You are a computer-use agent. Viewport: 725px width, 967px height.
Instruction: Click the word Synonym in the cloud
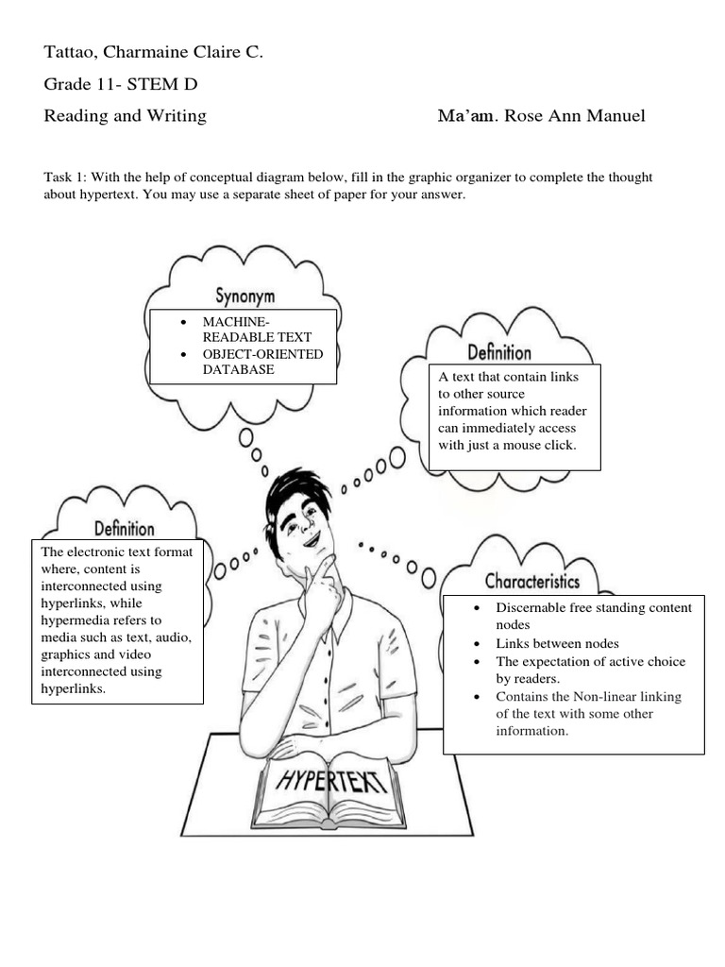click(244, 296)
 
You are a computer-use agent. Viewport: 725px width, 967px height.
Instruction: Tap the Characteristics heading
click(532, 581)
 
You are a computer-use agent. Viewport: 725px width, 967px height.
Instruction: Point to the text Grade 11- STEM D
click(121, 85)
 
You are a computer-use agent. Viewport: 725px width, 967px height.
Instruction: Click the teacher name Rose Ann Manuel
click(575, 116)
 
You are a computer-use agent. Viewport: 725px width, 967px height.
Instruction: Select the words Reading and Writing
click(125, 116)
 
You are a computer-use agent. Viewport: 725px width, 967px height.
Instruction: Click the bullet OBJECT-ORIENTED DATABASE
click(262, 362)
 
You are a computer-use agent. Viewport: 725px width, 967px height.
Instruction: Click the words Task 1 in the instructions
click(64, 178)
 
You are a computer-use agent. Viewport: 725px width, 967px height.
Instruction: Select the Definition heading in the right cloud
click(499, 353)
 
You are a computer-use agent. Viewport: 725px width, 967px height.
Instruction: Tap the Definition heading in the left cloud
click(125, 528)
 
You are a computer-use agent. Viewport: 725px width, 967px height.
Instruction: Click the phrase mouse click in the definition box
click(540, 445)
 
